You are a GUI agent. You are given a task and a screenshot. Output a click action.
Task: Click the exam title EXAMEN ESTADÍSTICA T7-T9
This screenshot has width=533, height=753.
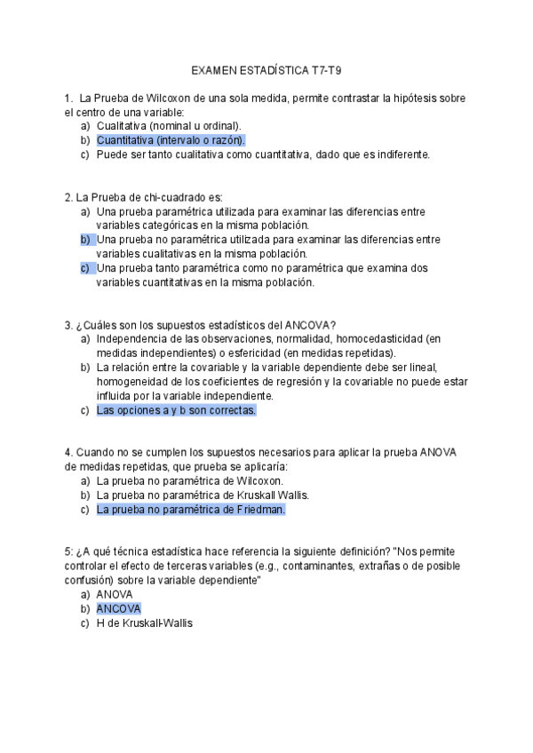pos(266,71)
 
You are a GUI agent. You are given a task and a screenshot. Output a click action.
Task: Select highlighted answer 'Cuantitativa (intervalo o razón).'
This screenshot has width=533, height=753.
pos(171,140)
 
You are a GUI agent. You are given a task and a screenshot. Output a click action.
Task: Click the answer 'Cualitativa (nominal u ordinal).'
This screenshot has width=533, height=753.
pos(168,126)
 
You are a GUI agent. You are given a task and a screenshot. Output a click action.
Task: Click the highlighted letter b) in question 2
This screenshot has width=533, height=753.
pos(86,240)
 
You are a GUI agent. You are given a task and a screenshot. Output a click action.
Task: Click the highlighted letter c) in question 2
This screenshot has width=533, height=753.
pos(86,268)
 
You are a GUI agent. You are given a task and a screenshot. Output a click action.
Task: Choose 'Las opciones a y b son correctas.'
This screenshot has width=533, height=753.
pos(176,410)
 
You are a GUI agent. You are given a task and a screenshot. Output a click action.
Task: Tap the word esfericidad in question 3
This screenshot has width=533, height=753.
pos(249,353)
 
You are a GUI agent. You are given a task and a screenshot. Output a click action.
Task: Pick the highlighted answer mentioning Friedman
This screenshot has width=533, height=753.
pos(190,510)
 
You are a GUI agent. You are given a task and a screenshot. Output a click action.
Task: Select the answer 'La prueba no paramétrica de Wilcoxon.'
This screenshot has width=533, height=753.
pos(189,481)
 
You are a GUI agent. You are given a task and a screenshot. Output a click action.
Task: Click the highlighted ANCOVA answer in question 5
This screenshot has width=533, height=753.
pos(118,609)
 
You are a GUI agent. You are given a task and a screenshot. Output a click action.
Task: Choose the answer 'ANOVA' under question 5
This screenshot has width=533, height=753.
pos(115,595)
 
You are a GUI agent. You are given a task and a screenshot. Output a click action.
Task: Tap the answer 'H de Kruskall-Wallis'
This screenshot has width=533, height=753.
pos(144,623)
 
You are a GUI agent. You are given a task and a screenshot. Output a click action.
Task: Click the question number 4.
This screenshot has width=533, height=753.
pos(68,452)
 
